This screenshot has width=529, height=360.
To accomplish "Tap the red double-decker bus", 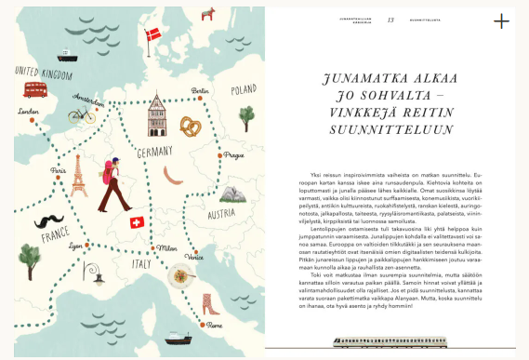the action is tap(36, 89).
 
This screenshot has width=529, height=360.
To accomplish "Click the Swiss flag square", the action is tap(137, 222).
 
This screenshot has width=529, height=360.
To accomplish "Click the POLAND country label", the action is tap(243, 90).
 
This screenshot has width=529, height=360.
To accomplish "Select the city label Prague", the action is tap(232, 155).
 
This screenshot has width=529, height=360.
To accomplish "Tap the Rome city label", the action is tap(214, 326).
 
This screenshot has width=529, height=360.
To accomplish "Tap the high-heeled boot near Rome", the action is tap(212, 304).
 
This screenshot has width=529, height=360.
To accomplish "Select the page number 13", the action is tap(390, 19).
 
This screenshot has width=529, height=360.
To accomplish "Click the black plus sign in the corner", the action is tap(502, 21).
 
